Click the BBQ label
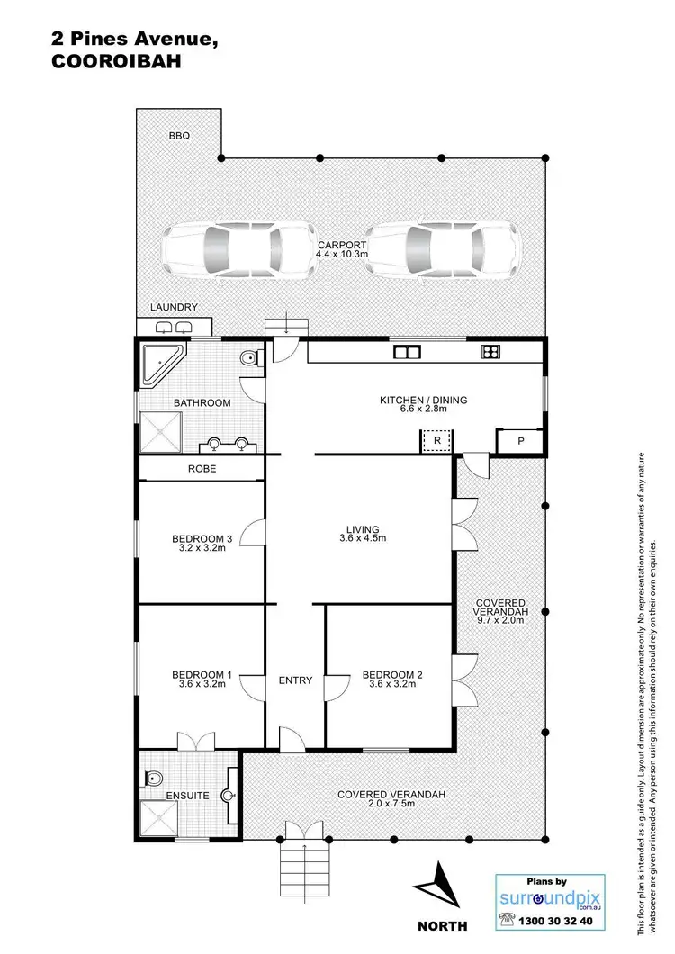click(179, 136)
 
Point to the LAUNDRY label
click(174, 308)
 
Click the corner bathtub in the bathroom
click(161, 364)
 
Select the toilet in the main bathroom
click(251, 360)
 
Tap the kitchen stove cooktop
click(491, 351)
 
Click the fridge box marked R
click(436, 441)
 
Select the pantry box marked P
click(520, 441)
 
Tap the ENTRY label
click(295, 680)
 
